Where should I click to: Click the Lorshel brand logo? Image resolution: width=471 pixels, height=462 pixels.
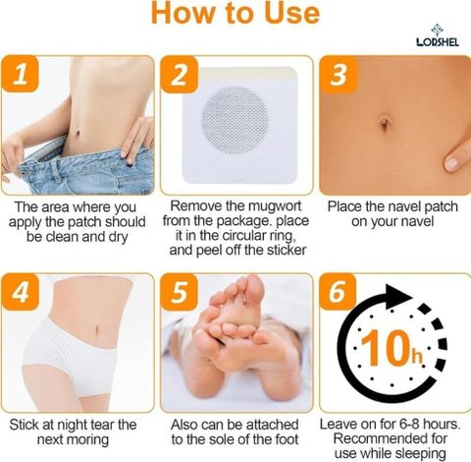tap(438, 35)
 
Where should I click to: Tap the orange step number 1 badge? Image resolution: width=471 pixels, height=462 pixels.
tap(21, 74)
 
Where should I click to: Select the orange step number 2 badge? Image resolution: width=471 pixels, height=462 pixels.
tap(180, 75)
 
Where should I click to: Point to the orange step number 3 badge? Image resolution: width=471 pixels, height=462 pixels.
tap(339, 75)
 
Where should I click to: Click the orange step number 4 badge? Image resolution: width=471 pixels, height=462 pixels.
tap(21, 292)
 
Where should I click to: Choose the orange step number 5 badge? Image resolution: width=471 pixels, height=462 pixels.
tap(180, 292)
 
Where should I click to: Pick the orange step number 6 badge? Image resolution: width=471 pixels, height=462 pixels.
tap(338, 292)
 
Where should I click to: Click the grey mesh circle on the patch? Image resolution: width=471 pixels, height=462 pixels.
tap(235, 121)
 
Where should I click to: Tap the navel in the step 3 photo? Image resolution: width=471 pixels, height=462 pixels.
tap(385, 124)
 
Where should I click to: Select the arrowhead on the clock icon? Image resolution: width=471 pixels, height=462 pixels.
tap(398, 296)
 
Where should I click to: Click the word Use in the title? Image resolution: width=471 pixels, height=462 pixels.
tap(291, 13)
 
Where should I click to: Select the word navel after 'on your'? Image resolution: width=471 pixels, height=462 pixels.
tap(416, 221)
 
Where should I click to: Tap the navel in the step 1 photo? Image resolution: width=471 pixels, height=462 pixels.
tap(78, 133)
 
